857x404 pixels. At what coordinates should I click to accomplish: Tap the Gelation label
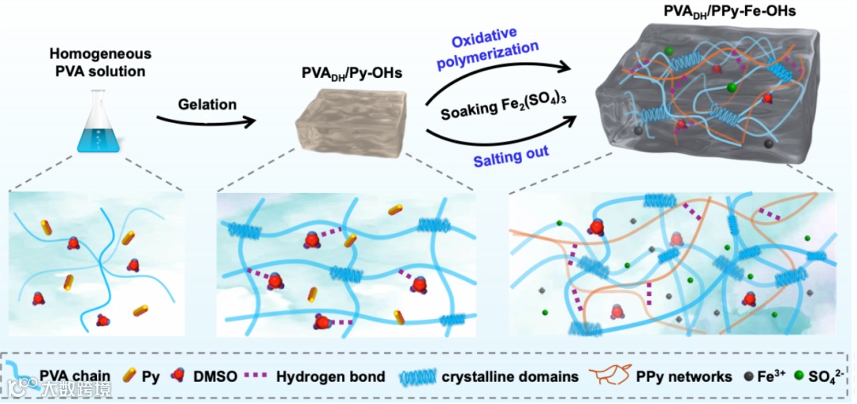pyautogui.click(x=207, y=104)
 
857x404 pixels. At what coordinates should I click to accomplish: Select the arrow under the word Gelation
pyautogui.click(x=208, y=121)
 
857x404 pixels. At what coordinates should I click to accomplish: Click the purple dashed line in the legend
pyautogui.click(x=260, y=376)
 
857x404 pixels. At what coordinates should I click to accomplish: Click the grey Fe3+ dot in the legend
pyautogui.click(x=747, y=376)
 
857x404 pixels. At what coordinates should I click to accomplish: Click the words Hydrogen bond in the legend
pyautogui.click(x=330, y=375)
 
